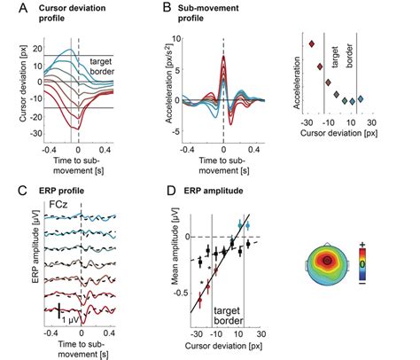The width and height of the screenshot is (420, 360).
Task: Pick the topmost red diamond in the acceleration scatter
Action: [310, 43]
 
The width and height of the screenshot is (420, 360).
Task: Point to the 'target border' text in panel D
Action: [230, 307]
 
